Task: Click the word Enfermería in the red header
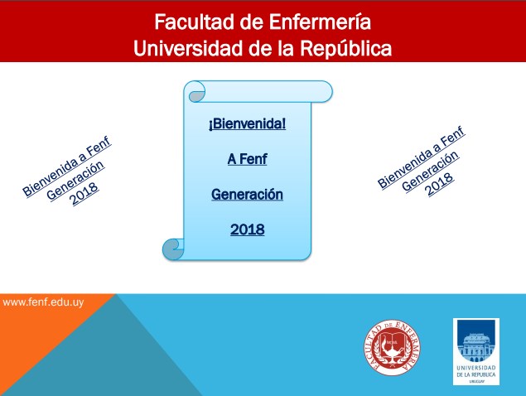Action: (320, 22)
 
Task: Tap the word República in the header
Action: (346, 49)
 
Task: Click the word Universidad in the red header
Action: (188, 48)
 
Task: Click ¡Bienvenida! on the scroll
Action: (247, 123)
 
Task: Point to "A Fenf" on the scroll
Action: (247, 159)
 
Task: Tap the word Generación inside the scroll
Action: (247, 195)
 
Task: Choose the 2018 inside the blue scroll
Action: (247, 229)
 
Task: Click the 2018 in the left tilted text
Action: (84, 194)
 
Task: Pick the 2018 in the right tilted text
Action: (440, 184)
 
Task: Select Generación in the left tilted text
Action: (75, 181)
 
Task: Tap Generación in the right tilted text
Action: (431, 171)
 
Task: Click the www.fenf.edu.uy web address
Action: (43, 302)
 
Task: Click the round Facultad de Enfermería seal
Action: (392, 347)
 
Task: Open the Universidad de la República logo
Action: (476, 351)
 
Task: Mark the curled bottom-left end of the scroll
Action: (174, 249)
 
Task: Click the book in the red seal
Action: (392, 340)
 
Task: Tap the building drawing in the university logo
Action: (476, 346)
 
